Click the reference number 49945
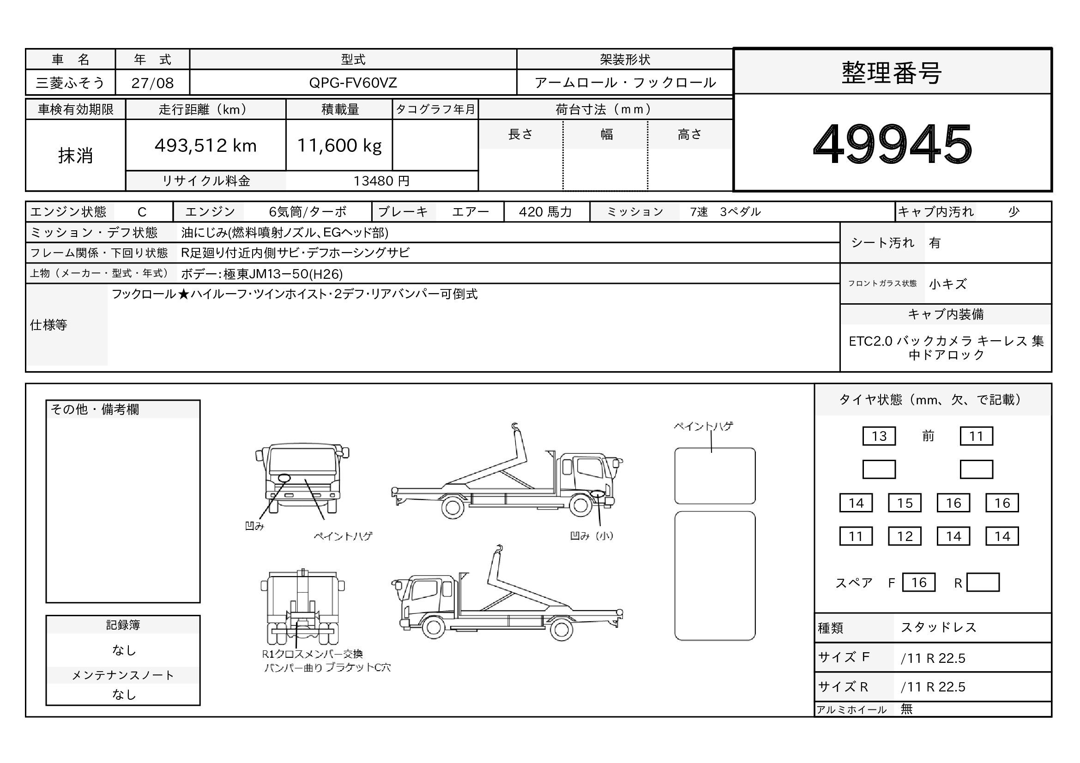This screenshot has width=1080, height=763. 893,144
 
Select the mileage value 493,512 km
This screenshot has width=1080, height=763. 205,146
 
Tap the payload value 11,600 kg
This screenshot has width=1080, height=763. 339,146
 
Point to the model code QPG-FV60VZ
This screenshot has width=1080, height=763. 353,83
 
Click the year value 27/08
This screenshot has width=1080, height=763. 152,83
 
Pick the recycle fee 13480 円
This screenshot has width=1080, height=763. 381,181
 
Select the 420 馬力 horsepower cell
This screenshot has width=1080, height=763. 546,212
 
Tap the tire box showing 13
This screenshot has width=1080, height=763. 879,436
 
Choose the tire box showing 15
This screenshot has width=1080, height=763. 905,503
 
